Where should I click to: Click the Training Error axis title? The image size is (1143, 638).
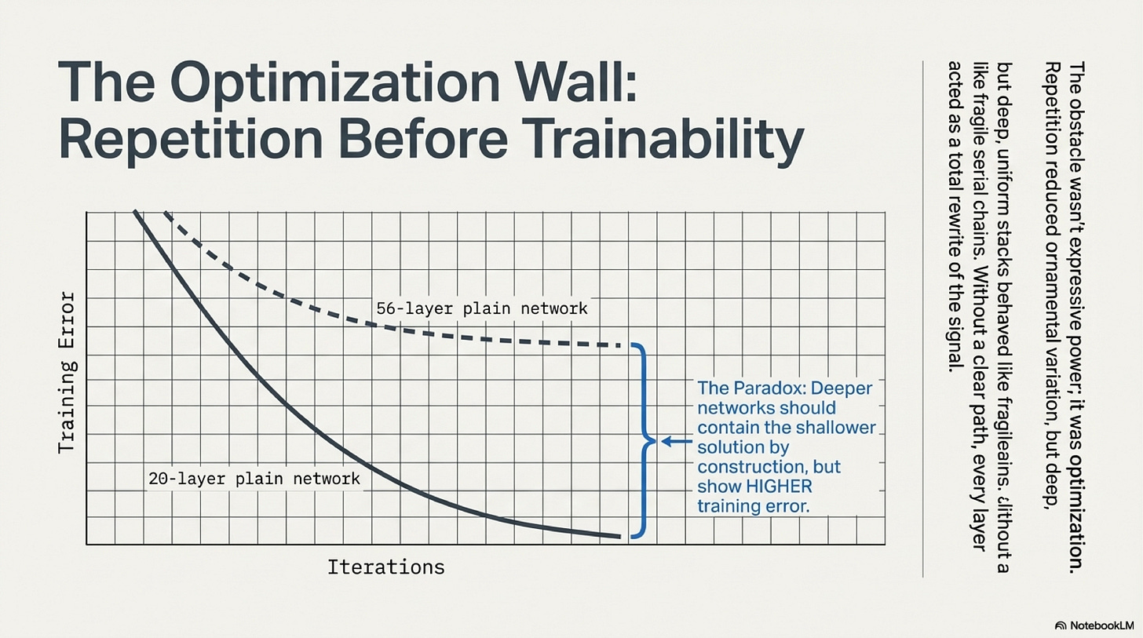68,373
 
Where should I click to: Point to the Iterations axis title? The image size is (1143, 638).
385,567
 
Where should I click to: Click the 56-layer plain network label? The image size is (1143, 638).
481,308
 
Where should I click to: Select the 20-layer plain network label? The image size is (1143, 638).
254,478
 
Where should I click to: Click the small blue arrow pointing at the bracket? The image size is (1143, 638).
674,442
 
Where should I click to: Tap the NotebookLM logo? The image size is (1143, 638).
1094,625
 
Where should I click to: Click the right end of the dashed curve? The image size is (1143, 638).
627,345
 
